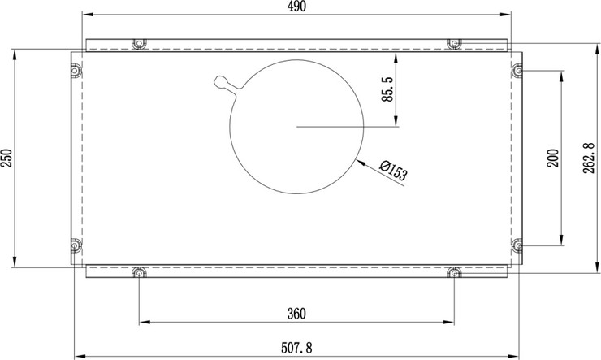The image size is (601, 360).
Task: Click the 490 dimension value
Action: (x=297, y=7)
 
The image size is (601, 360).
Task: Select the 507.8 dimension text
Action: (x=296, y=348)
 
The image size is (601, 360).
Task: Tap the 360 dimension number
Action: (x=296, y=314)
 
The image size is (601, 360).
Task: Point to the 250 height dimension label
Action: (x=6, y=158)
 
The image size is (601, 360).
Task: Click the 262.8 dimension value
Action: (x=589, y=158)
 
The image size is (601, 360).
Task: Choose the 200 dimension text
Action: (x=553, y=158)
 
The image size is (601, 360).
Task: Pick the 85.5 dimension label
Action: (x=387, y=89)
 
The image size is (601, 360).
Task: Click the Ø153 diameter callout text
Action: (x=393, y=170)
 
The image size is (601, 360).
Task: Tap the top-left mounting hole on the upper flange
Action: (x=139, y=43)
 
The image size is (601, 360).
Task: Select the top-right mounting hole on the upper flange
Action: (x=454, y=43)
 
